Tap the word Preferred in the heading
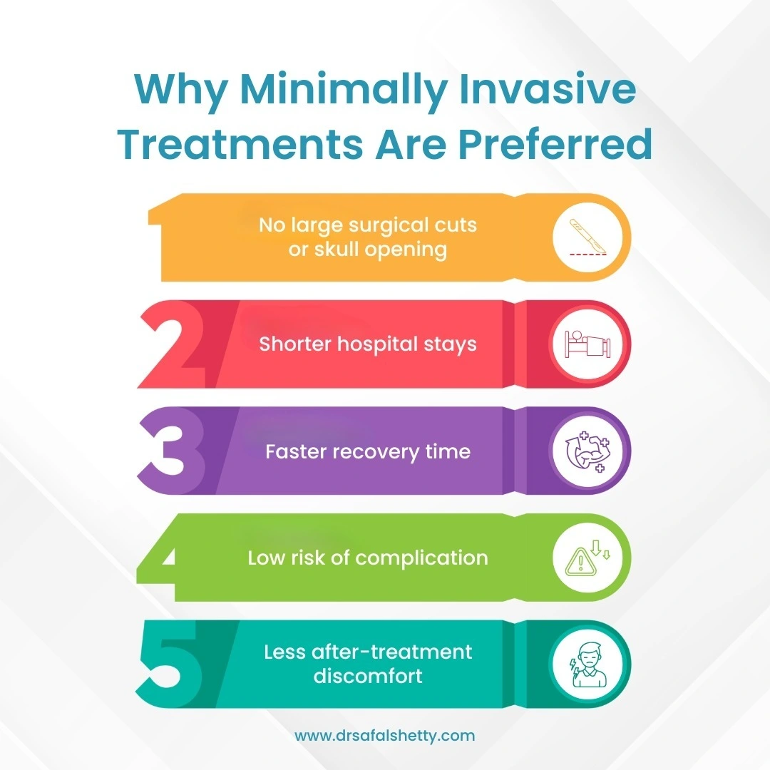(x=555, y=144)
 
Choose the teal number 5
(x=170, y=664)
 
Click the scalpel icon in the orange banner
(x=587, y=237)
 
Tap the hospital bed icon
(x=587, y=344)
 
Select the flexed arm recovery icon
(x=587, y=451)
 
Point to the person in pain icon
(x=587, y=665)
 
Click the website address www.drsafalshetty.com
(x=384, y=736)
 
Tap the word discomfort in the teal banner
(x=368, y=676)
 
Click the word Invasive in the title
(x=548, y=89)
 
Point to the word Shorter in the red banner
(x=295, y=344)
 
